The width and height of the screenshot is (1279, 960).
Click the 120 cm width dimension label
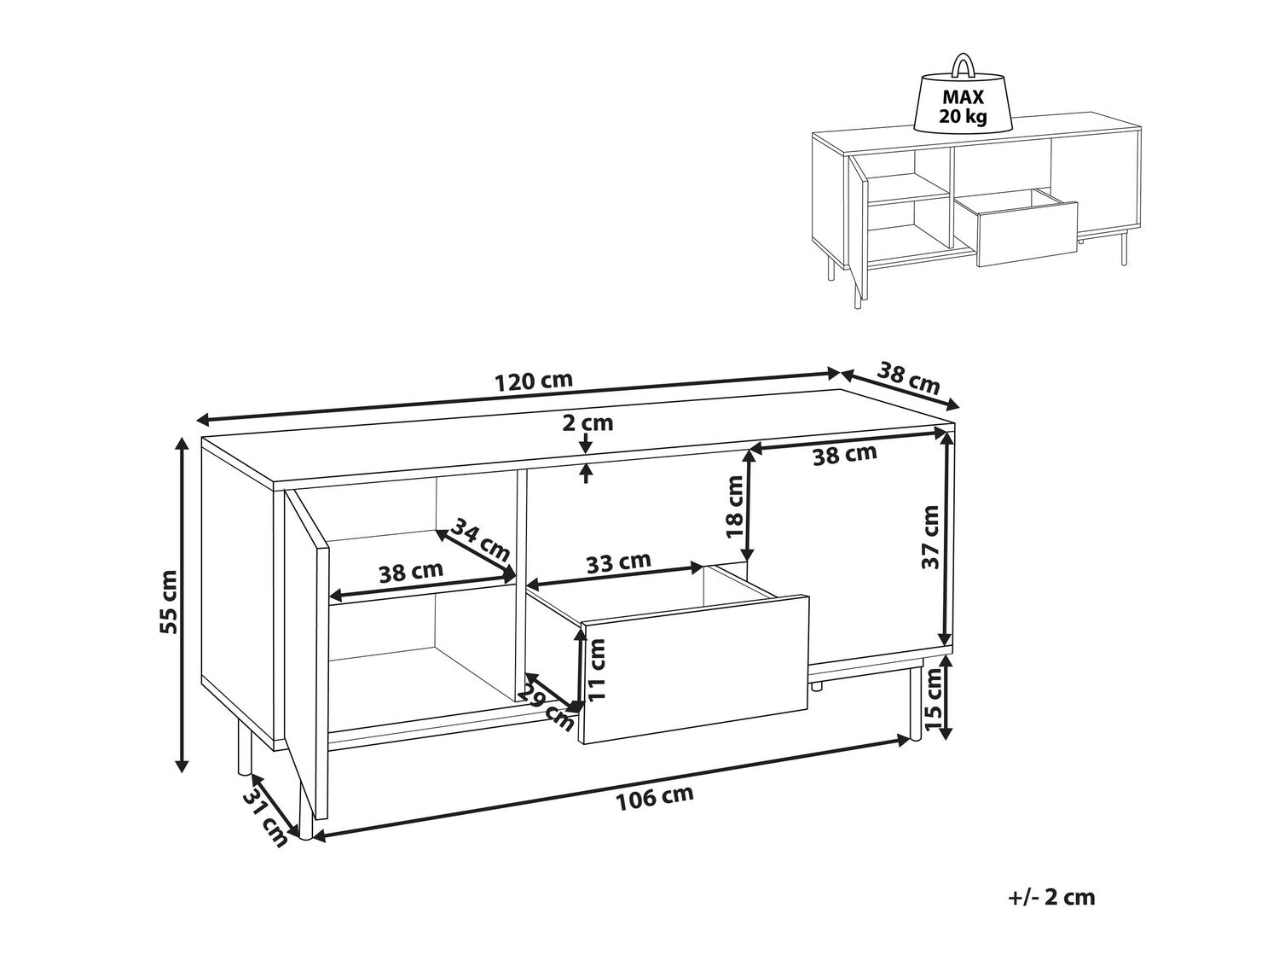coord(534,381)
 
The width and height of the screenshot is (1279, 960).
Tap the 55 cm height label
coord(170,602)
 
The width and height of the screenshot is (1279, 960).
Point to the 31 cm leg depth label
coord(266,819)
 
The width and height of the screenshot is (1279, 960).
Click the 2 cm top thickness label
coord(588,422)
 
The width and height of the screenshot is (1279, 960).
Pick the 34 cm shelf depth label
coord(481,538)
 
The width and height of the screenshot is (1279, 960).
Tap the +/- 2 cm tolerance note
coord(1051,913)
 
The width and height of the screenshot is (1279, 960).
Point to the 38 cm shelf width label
coord(411,572)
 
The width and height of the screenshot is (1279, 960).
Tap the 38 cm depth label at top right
coord(909,380)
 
